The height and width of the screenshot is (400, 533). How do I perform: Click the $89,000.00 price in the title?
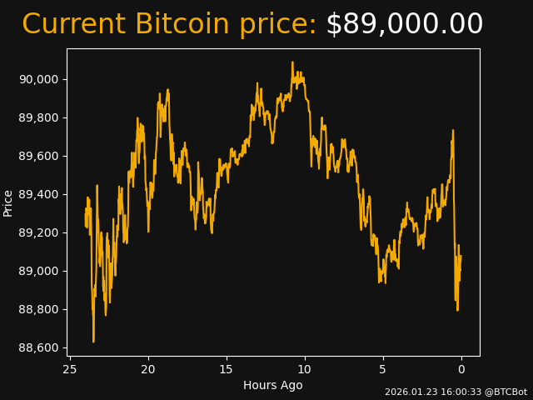coord(404,25)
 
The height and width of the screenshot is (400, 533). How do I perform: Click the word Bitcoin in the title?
coord(181,25)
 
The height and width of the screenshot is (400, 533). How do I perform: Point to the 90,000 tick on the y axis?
coord(38,79)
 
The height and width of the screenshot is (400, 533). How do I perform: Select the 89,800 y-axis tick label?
coord(38,117)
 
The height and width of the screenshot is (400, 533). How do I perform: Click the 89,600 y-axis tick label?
coord(38,156)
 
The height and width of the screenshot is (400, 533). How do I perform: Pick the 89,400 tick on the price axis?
coord(38,194)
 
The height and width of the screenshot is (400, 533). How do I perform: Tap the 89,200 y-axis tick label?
coord(38,232)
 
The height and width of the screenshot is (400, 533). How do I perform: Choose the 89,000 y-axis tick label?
coord(38,271)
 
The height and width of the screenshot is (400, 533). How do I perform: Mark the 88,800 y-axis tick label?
coord(38,309)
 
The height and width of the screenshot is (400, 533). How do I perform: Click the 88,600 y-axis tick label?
coord(38,347)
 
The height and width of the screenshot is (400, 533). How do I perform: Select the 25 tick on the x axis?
coord(70,369)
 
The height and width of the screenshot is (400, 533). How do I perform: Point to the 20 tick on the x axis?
coord(148,369)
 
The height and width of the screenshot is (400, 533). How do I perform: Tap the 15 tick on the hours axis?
coord(227,369)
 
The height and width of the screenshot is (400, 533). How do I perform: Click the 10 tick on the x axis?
coord(305,369)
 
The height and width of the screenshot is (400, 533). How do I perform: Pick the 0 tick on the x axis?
coord(461,369)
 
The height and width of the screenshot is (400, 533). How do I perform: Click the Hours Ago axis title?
coord(273,385)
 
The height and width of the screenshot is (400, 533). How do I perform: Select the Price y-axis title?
coord(8,202)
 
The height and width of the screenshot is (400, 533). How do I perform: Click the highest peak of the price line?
coord(292,62)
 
